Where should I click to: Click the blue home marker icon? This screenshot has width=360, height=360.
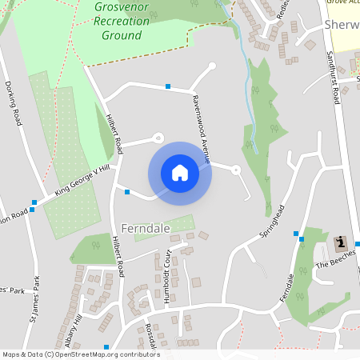pyautogui.click(x=180, y=172)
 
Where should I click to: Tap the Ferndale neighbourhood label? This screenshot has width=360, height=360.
pyautogui.click(x=146, y=228)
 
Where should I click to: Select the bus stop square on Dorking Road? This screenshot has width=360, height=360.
pyautogui.click(x=34, y=202)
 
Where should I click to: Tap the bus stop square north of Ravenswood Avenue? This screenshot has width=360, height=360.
pyautogui.click(x=168, y=86)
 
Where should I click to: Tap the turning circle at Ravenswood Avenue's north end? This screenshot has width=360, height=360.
pyautogui.click(x=212, y=66)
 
